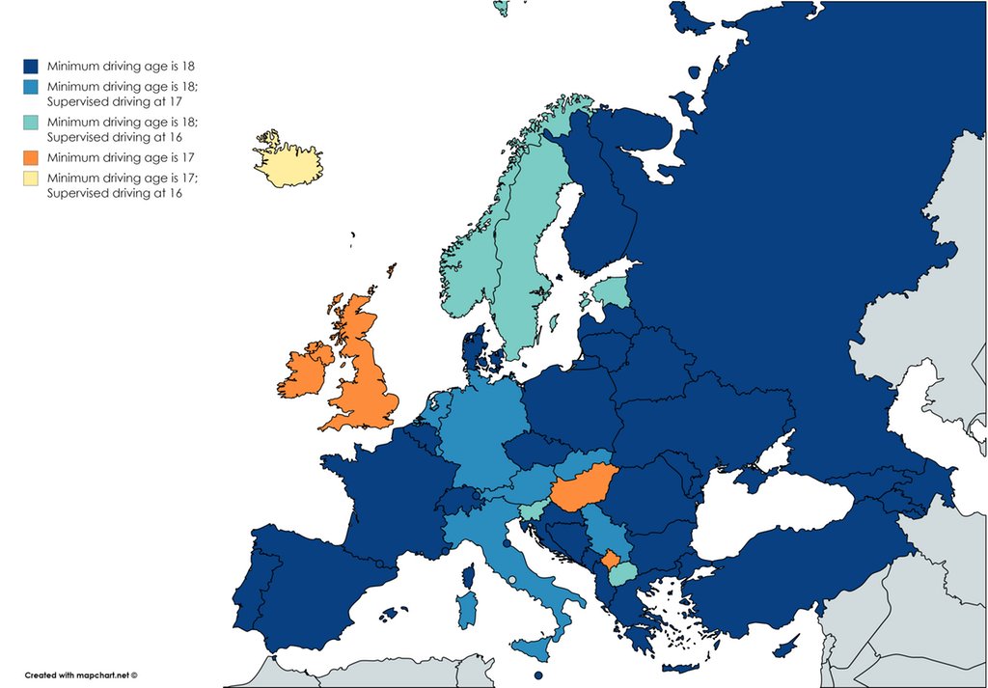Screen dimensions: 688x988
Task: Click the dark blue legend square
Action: (x=31, y=67)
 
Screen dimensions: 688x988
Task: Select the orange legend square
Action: (x=31, y=156)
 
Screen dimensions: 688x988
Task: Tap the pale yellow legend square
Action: (x=31, y=179)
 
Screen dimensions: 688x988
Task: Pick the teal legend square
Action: (x=31, y=123)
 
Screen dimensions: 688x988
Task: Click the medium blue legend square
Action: (x=31, y=89)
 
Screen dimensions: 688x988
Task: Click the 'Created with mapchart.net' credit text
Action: (x=81, y=675)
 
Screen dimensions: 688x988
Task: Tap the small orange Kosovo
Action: (x=610, y=559)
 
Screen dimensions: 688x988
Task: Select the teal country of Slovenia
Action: (x=531, y=509)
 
